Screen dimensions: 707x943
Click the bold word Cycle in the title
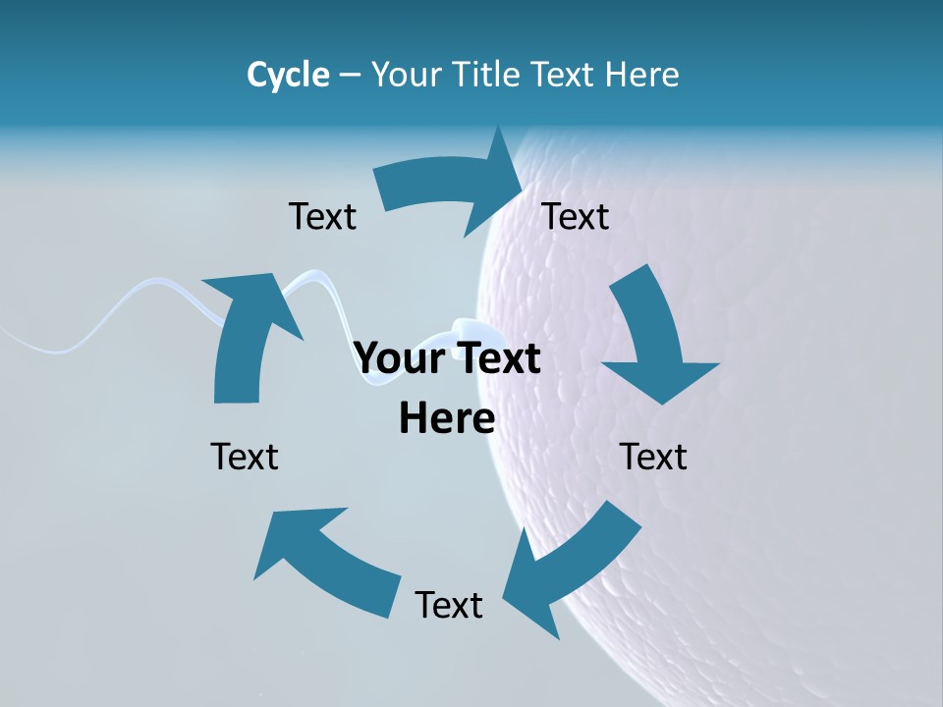point(288,75)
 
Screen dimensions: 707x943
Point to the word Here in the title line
point(640,75)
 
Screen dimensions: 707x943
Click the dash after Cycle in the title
point(350,76)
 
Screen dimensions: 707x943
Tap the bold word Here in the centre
point(447,417)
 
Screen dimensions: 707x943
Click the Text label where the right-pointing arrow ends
point(576,216)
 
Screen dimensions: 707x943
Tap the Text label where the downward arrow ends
point(654,457)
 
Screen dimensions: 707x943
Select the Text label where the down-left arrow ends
point(449,605)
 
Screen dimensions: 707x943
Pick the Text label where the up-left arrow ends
point(245,457)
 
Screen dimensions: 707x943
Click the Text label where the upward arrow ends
point(322,216)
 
